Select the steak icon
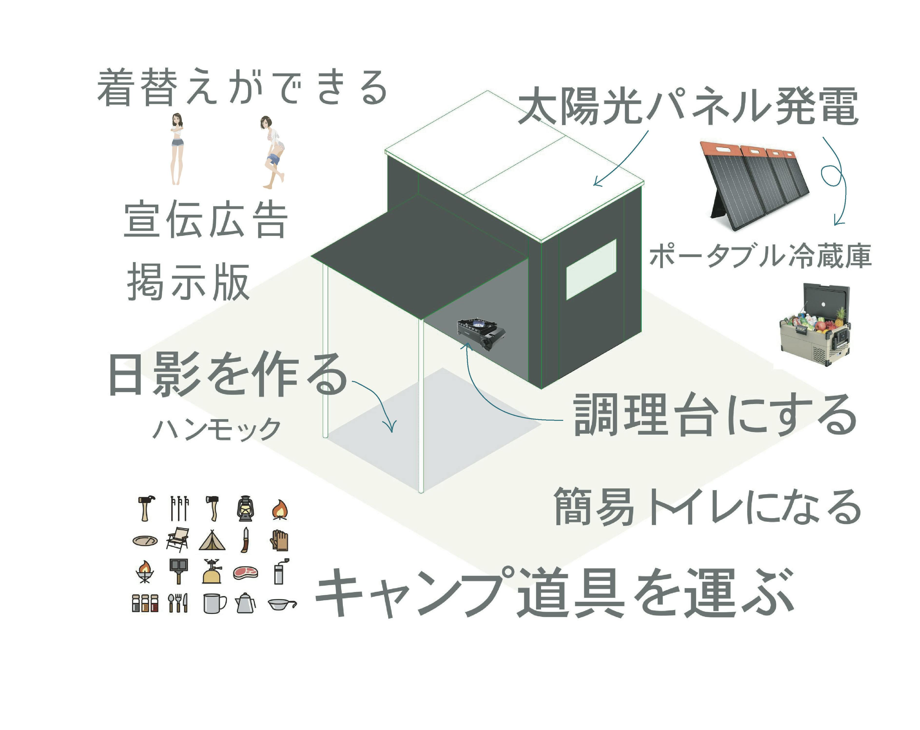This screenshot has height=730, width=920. point(246,572)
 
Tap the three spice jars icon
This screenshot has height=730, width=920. point(145,603)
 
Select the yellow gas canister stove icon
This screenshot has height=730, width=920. point(212,571)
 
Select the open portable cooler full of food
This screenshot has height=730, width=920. point(815,325)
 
